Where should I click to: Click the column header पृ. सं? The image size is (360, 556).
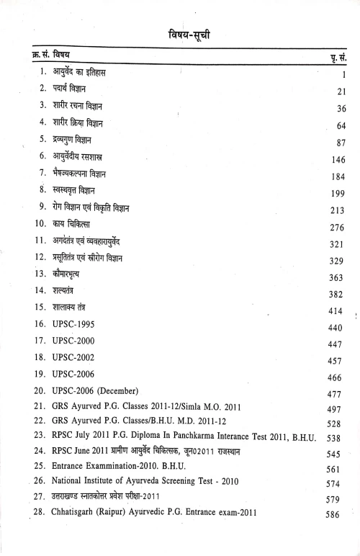tap(336, 56)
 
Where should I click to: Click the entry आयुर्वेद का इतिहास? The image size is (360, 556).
tap(84, 72)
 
